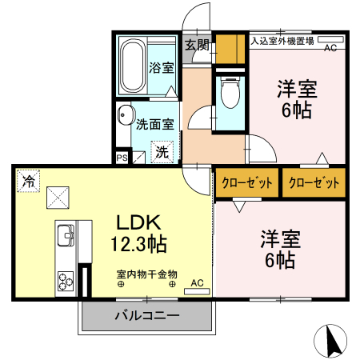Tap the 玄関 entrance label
click(x=197, y=45)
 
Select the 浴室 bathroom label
click(x=161, y=68)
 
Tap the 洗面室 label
click(x=154, y=124)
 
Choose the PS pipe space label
click(x=122, y=158)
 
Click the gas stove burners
click(x=64, y=278)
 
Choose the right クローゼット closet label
click(x=313, y=182)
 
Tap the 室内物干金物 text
click(x=146, y=273)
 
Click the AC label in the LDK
click(x=197, y=282)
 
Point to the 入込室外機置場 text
click(x=282, y=40)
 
